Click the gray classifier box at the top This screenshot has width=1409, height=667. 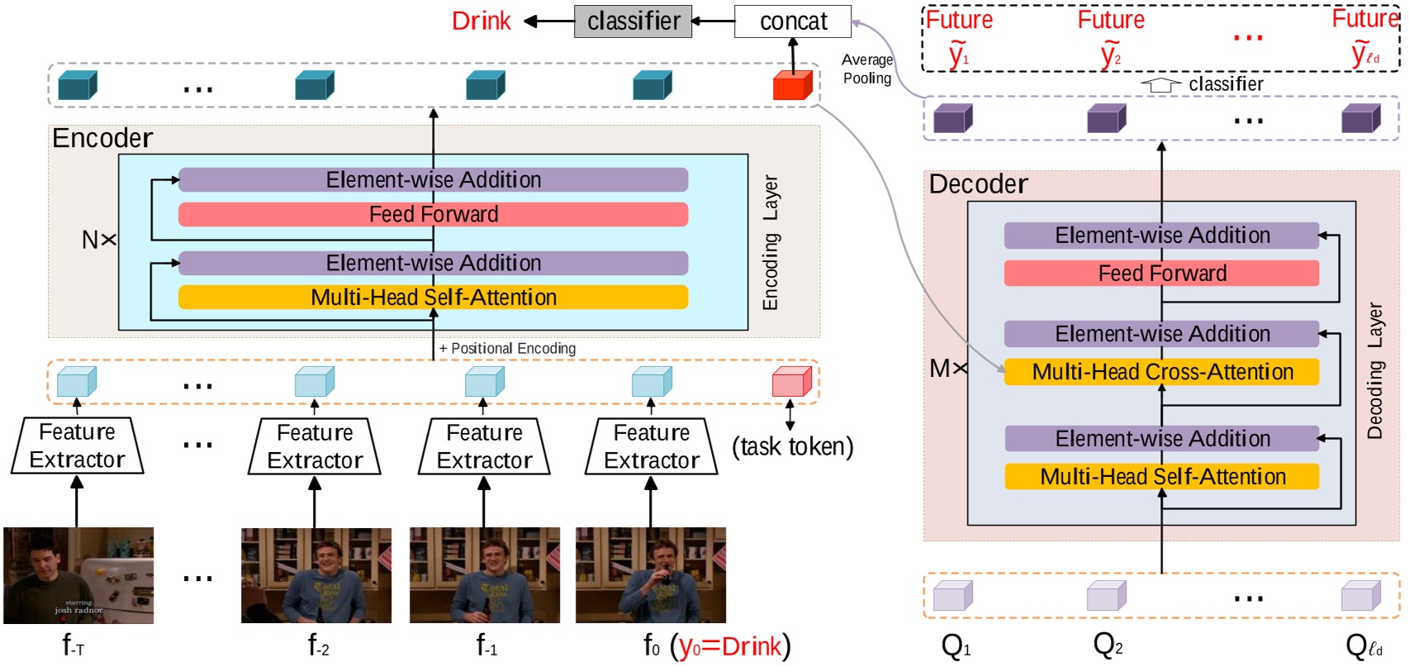pyautogui.click(x=633, y=21)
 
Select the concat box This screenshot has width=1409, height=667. pyautogui.click(x=793, y=21)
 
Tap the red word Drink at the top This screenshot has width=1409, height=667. pyautogui.click(x=481, y=21)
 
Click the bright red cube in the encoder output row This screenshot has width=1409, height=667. pyautogui.click(x=792, y=86)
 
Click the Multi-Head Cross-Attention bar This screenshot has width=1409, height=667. pyautogui.click(x=1161, y=372)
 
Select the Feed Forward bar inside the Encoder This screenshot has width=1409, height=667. pyautogui.click(x=433, y=215)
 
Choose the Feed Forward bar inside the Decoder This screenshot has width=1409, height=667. pyautogui.click(x=1161, y=274)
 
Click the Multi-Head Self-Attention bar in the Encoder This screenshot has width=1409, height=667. pyautogui.click(x=433, y=298)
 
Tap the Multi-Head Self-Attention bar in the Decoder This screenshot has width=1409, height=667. pyautogui.click(x=1161, y=477)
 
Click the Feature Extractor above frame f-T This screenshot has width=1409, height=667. pyautogui.click(x=77, y=446)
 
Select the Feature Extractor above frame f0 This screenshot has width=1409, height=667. pyautogui.click(x=651, y=446)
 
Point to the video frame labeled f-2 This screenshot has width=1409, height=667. pyautogui.click(x=315, y=575)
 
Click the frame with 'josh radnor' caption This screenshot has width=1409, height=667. pyautogui.click(x=78, y=575)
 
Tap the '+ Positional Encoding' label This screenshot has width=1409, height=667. pyautogui.click(x=507, y=349)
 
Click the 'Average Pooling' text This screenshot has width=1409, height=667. pyautogui.click(x=866, y=69)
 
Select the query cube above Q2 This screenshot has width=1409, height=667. pyautogui.click(x=1107, y=595)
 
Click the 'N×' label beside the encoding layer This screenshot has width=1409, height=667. pyautogui.click(x=98, y=241)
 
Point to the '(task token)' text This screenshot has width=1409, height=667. pyautogui.click(x=792, y=447)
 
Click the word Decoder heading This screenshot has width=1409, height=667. pyautogui.click(x=978, y=184)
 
